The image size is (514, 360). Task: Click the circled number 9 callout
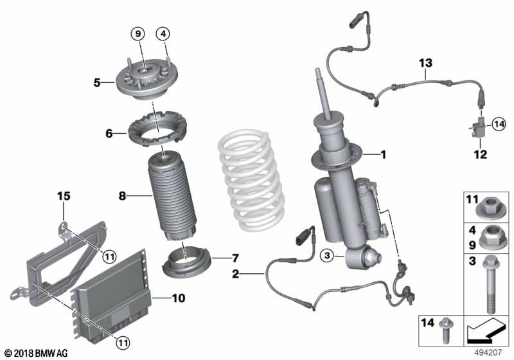pos(139,33)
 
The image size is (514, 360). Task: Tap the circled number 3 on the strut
pos(328,256)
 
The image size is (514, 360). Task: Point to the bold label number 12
pos(480,154)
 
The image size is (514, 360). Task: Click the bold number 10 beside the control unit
pos(178,298)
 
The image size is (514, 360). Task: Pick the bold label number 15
pos(62,195)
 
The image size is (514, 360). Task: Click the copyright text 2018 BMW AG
pos(36,353)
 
